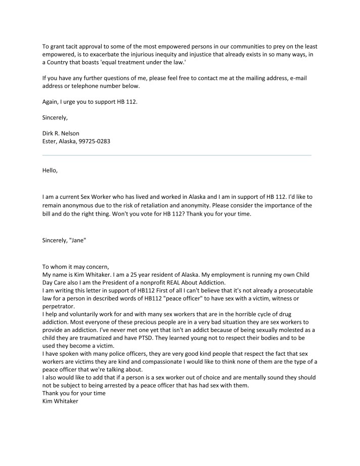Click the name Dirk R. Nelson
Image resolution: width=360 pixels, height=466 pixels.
(61, 133)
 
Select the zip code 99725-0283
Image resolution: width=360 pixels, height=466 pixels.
(94, 141)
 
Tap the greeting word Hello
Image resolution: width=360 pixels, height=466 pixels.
(50, 170)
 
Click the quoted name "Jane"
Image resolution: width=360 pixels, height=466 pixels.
(78, 240)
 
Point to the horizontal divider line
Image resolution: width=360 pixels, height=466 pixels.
(176, 155)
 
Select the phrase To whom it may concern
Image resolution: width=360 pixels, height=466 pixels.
(76, 266)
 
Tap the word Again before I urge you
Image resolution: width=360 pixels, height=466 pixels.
(51, 101)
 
